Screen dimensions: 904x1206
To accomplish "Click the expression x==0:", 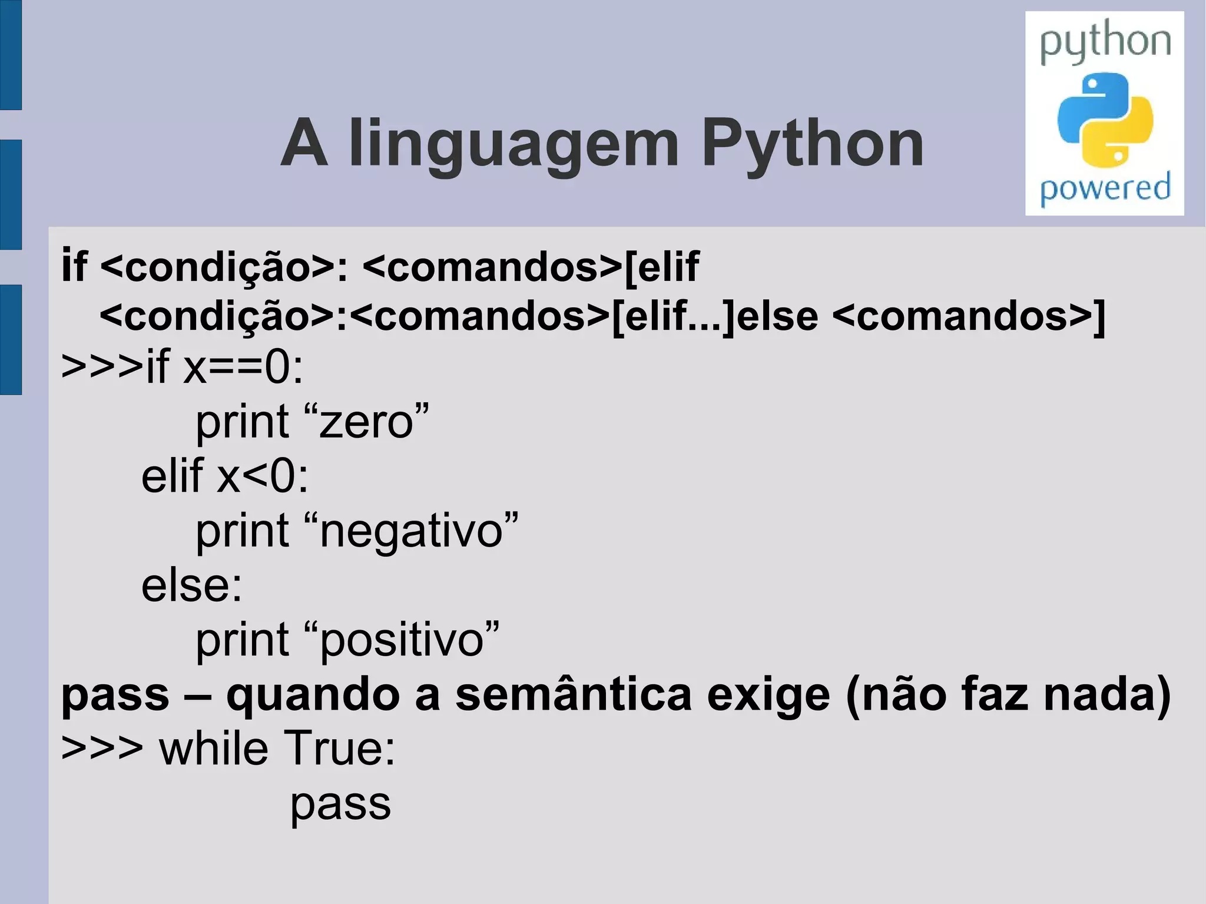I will (x=243, y=367).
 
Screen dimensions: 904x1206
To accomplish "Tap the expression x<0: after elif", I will (x=263, y=476).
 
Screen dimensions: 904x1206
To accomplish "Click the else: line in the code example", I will (x=191, y=585).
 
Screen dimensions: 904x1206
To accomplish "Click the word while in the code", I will (x=214, y=748).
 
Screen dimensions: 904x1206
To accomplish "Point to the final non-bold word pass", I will (x=340, y=804).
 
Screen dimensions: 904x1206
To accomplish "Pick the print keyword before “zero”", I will (x=242, y=422).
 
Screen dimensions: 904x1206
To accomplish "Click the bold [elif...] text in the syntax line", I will (x=674, y=316).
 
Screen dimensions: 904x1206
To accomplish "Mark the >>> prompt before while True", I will (x=102, y=748).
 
